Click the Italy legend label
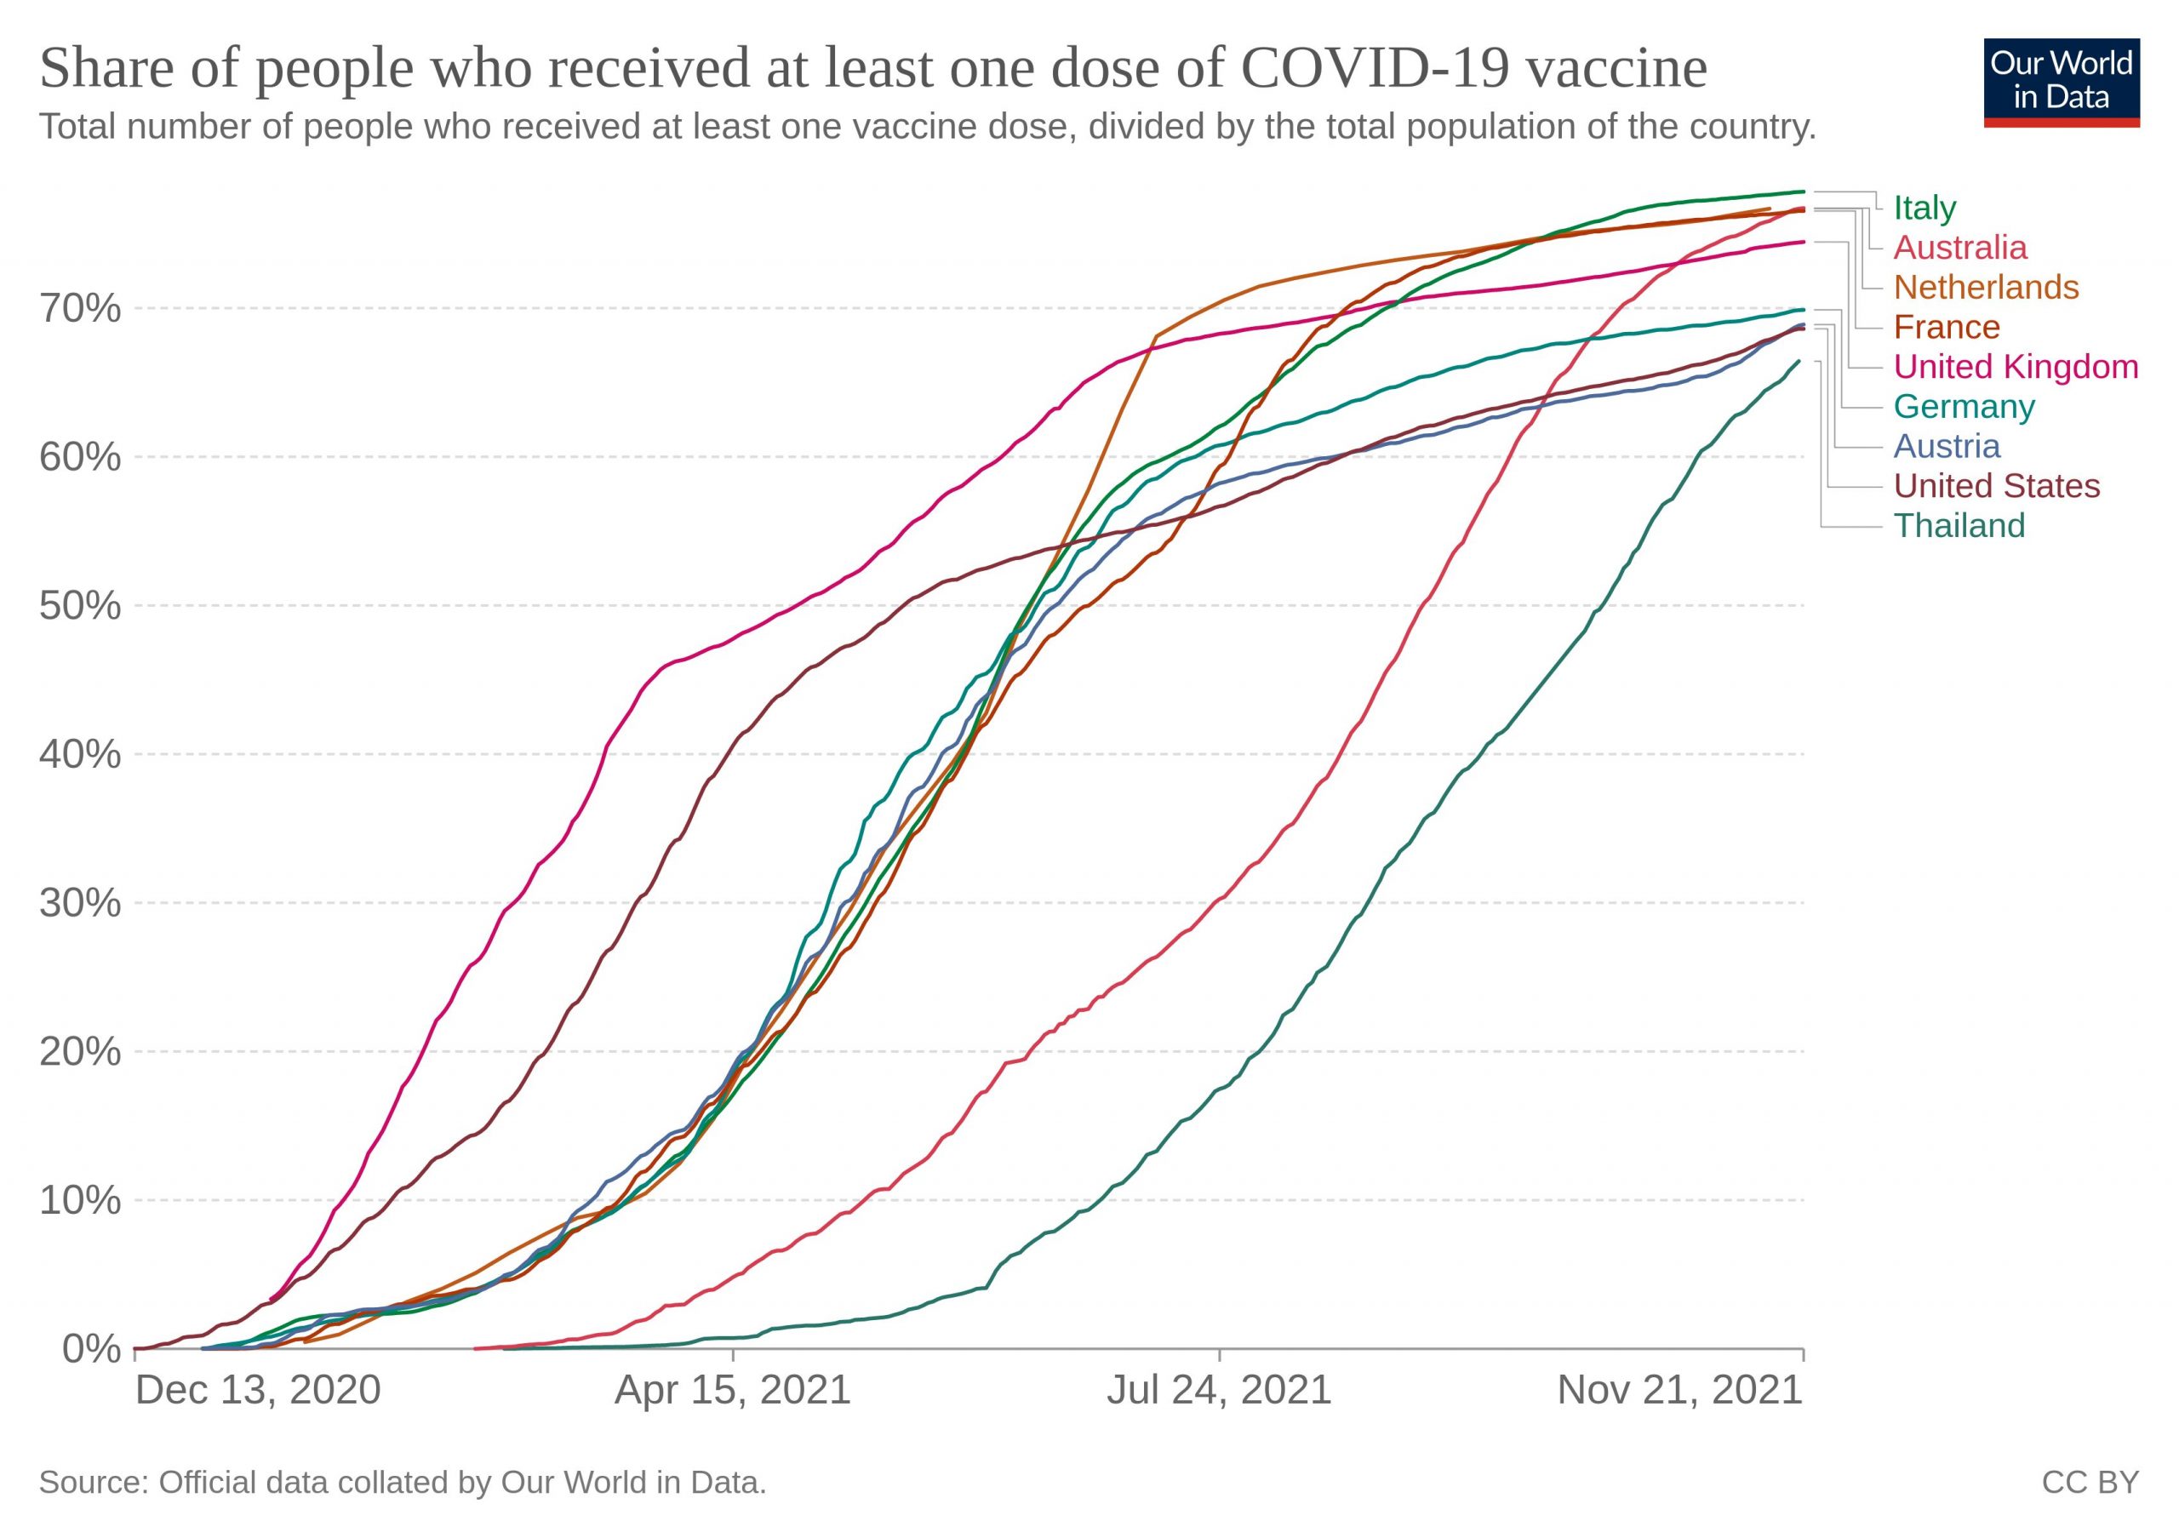pyautogui.click(x=1924, y=208)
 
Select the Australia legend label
pyautogui.click(x=1959, y=248)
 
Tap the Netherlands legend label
pyautogui.click(x=1986, y=288)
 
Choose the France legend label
pyautogui.click(x=1947, y=328)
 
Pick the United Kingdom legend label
pyautogui.click(x=2016, y=366)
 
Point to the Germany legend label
pyautogui.click(x=1964, y=406)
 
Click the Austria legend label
pyautogui.click(x=1947, y=446)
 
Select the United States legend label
pyautogui.click(x=1997, y=486)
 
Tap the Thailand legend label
pyautogui.click(x=1959, y=526)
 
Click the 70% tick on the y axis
pyautogui.click(x=80, y=308)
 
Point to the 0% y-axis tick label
pyautogui.click(x=91, y=1348)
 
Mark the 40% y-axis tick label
pyautogui.click(x=80, y=754)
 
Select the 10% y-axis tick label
pyautogui.click(x=80, y=1200)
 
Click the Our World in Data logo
pyautogui.click(x=2062, y=83)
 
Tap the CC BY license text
pyautogui.click(x=2090, y=1483)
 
